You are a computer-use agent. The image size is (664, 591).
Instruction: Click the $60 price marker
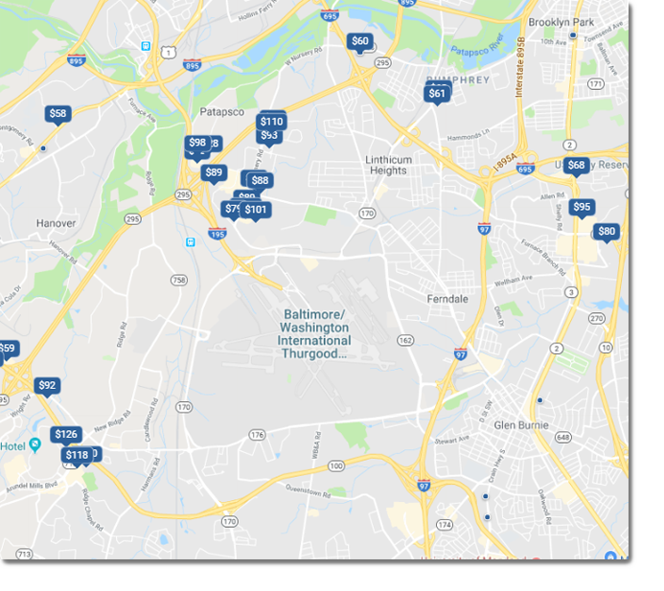pos(359,41)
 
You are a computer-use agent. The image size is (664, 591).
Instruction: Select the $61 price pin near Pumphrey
pos(437,93)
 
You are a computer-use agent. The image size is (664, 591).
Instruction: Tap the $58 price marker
pos(57,114)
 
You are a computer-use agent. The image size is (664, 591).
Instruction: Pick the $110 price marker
pos(271,122)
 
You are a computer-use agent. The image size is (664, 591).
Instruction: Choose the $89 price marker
pos(213,173)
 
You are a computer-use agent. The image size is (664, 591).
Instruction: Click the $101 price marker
pos(255,210)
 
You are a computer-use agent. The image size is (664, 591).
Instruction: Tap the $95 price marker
pos(581,207)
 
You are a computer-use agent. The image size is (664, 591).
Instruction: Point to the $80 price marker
pos(607,232)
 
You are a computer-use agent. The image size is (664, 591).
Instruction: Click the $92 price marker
pos(46,386)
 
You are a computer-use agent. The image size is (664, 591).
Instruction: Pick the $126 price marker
pos(65,435)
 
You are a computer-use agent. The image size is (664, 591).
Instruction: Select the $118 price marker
pos(77,455)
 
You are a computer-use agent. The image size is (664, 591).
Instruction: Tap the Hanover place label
pos(56,223)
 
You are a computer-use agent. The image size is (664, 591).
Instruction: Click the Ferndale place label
pos(447,299)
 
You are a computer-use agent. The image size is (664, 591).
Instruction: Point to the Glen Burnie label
pos(521,424)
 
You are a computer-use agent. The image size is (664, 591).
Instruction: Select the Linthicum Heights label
pos(388,165)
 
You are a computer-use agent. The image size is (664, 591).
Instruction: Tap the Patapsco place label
pos(222,112)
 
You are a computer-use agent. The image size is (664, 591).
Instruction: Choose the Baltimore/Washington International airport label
pos(315,333)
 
